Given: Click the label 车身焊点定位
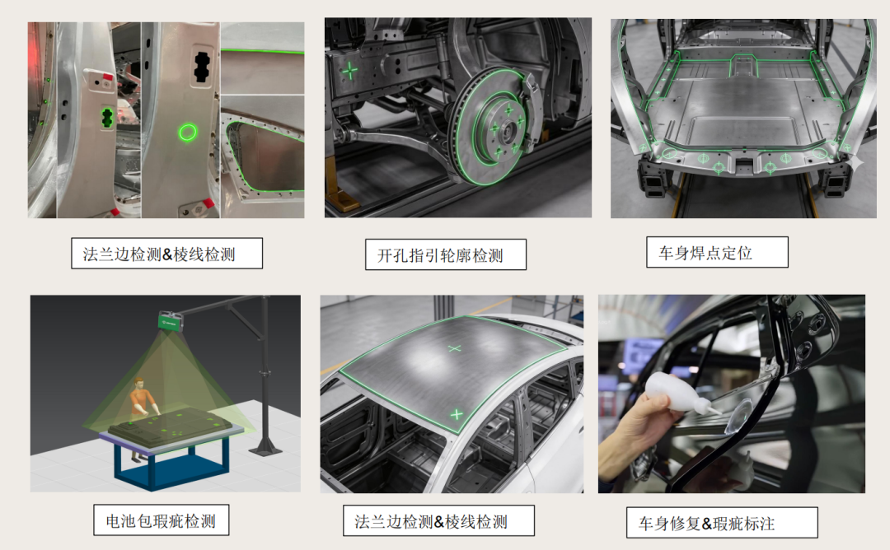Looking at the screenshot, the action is tap(705, 253).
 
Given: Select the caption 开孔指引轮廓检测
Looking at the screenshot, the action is tap(440, 256).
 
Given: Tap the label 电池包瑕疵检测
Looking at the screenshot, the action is tap(161, 520).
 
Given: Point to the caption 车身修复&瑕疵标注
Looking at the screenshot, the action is tap(707, 524).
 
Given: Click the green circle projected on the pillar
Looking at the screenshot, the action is tap(188, 133).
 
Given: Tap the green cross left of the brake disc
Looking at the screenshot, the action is tap(349, 71).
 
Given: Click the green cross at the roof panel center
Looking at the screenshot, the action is tap(454, 348).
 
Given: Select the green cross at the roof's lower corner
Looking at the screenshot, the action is tap(457, 414).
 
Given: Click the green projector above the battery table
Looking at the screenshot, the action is tap(171, 321).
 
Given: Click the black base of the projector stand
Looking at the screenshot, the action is tap(265, 449).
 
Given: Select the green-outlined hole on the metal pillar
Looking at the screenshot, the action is tap(106, 118).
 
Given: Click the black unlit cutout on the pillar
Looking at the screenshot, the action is tap(202, 67).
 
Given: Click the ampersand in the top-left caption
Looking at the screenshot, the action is tap(167, 254).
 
